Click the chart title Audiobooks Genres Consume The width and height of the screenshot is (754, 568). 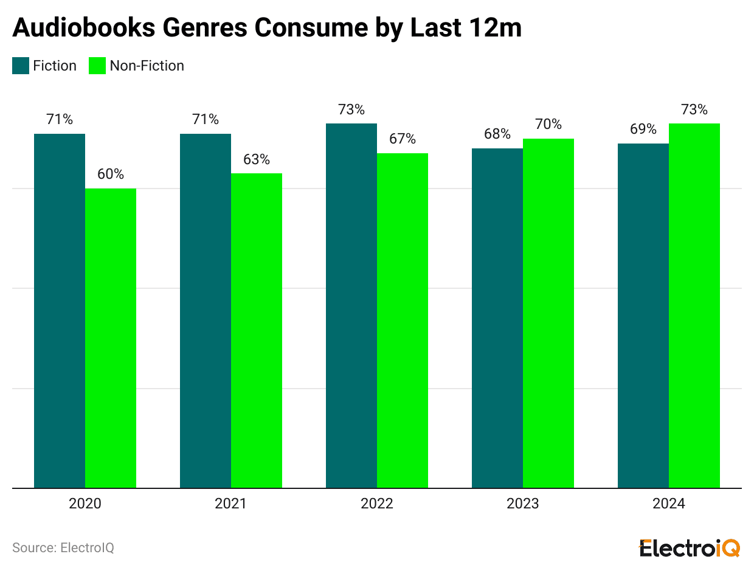tap(266, 28)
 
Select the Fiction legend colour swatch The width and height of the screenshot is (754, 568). tap(21, 66)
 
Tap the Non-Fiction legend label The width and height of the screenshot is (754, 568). tap(147, 66)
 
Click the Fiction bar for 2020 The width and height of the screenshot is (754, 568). tap(60, 311)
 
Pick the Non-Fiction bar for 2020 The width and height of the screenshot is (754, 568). tap(111, 338)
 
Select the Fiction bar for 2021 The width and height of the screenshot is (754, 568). tap(206, 311)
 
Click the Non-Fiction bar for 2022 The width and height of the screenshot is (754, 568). tap(403, 320)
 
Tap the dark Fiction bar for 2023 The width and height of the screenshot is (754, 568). tap(497, 318)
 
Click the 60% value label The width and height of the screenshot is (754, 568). tap(111, 174)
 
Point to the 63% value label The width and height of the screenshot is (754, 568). tap(257, 159)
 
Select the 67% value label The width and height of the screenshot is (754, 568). tap(403, 139)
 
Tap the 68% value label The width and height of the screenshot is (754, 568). tap(497, 134)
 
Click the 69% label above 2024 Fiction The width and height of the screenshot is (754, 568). tap(643, 129)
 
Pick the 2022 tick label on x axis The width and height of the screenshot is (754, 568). tap(377, 504)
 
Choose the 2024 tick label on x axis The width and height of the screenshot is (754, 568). tap(669, 504)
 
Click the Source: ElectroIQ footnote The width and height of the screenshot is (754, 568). tap(63, 547)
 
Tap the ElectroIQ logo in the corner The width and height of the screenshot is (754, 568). tap(690, 547)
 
